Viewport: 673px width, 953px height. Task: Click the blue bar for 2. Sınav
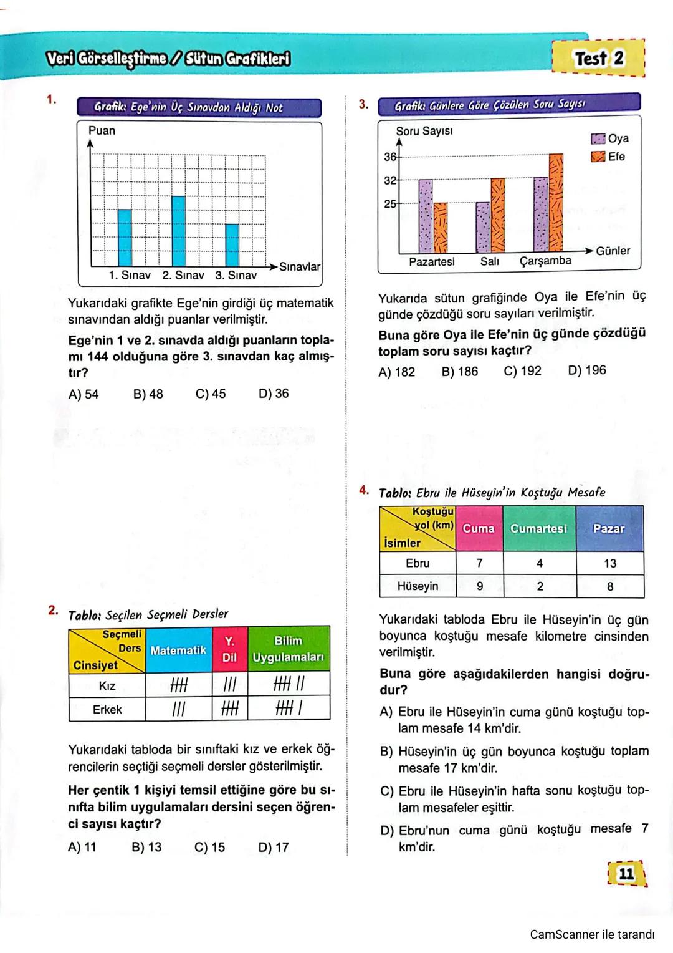pos(179,231)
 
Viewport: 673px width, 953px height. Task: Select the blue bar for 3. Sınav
pos(232,244)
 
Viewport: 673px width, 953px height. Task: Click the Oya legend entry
pos(610,138)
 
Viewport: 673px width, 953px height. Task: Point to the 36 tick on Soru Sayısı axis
pos(390,157)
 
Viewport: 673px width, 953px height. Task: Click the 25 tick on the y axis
pos(390,203)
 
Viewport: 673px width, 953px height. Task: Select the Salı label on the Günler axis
pos(489,262)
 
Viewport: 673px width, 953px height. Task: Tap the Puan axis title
pos(102,130)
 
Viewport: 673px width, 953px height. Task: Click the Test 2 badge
pos(598,59)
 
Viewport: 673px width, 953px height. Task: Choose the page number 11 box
pos(626,873)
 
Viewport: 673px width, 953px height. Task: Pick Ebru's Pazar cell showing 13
pos(609,563)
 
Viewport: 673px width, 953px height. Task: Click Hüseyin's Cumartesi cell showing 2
pos(540,586)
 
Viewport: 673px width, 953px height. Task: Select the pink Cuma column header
pos(479,528)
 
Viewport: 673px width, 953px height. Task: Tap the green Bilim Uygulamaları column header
pos(288,649)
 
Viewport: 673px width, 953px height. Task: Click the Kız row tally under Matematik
pos(179,685)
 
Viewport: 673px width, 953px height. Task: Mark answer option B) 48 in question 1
pos(148,394)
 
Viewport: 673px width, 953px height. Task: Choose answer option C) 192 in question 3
pos(522,371)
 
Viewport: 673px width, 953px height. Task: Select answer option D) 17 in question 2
pos(273,847)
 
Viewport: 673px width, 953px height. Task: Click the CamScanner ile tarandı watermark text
pos(592,934)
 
